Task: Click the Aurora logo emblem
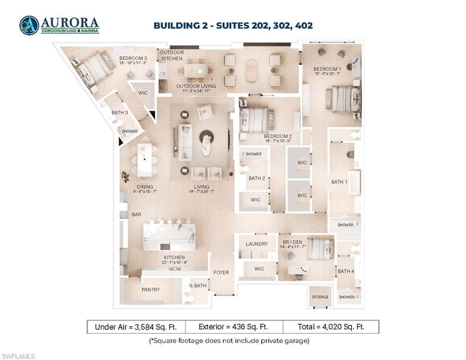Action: coord(29,25)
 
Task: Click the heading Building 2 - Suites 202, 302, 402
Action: coord(233,25)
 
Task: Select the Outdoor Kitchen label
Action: coord(172,55)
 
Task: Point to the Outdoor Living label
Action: coord(196,86)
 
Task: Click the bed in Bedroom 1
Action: coord(346,99)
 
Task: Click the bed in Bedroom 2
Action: coord(254,120)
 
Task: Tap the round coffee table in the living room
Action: coord(207,137)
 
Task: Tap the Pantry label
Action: coord(150,290)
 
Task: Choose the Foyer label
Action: coord(221,272)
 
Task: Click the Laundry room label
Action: coord(257,244)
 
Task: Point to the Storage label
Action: coord(320,297)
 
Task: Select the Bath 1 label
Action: coord(339,182)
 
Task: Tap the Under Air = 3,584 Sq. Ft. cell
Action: coord(136,327)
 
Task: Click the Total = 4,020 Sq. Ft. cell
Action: coord(331,327)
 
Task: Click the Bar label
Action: coord(136,214)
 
